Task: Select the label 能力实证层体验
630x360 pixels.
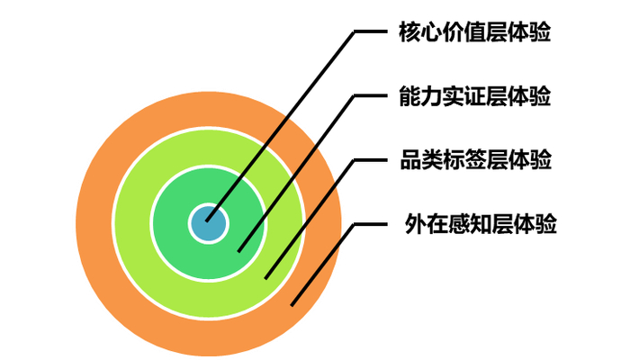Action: [474, 96]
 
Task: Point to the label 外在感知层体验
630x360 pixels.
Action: [481, 224]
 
